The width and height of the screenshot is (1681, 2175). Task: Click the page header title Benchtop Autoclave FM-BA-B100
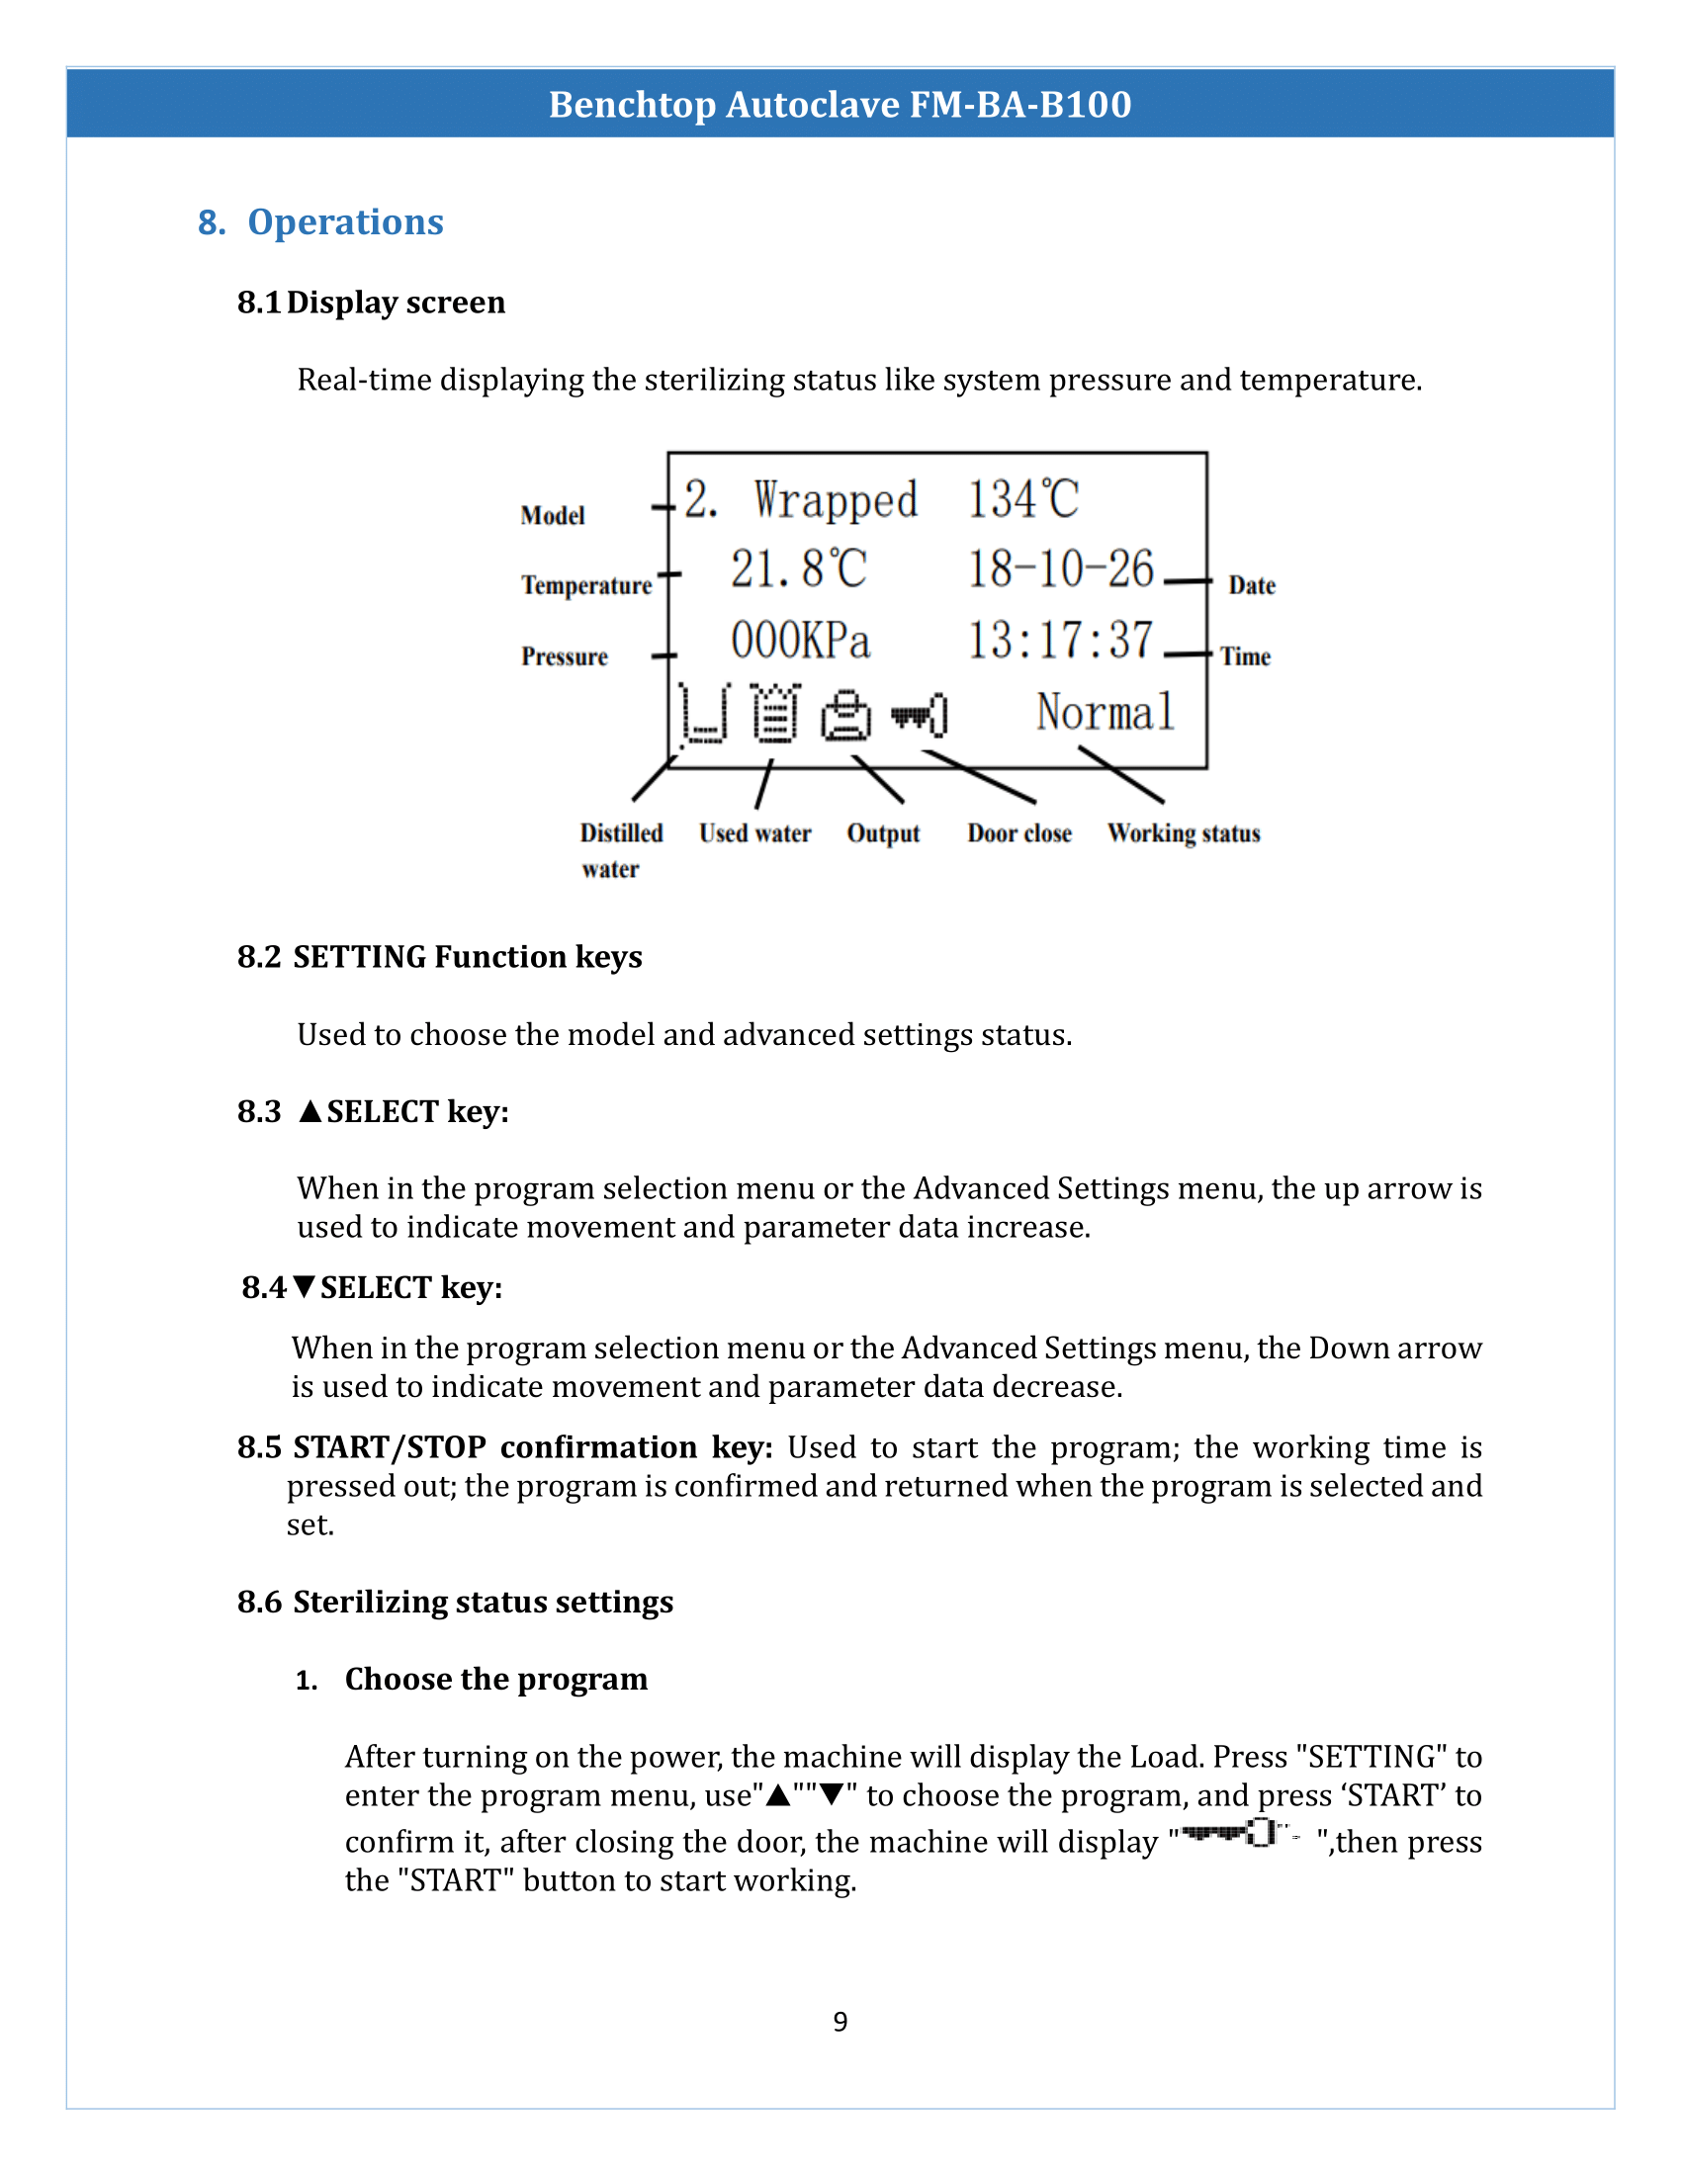click(x=840, y=104)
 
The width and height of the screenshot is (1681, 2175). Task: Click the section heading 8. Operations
click(x=320, y=221)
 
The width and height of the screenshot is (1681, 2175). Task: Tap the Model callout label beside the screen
click(x=552, y=515)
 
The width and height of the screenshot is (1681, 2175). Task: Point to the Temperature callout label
click(x=585, y=584)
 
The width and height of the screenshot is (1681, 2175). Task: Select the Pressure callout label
click(x=564, y=656)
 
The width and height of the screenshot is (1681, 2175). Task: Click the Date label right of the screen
click(x=1251, y=585)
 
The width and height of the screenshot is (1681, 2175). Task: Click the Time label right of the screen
click(x=1245, y=656)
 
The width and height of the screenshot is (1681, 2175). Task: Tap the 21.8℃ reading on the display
click(x=798, y=568)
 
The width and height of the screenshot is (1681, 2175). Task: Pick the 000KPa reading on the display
click(x=800, y=640)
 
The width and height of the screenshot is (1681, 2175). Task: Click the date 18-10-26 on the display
click(x=1061, y=568)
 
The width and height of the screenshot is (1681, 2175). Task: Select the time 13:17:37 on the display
click(x=1061, y=640)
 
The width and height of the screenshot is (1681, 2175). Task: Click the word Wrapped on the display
click(x=835, y=499)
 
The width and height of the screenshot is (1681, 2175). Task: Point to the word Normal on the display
click(x=1105, y=712)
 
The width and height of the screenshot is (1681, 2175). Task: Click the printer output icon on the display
click(x=845, y=715)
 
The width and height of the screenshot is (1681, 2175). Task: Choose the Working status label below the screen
click(x=1183, y=832)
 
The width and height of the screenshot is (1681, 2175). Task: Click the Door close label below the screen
click(x=1018, y=832)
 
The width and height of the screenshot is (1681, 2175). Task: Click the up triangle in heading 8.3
click(x=310, y=1111)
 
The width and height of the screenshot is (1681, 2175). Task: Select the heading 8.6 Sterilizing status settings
click(x=455, y=1602)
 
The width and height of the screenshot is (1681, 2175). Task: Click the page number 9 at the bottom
click(x=840, y=2022)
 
